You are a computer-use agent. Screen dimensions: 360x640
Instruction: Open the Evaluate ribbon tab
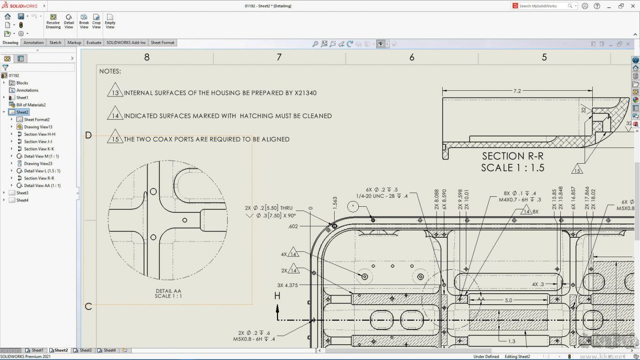94,43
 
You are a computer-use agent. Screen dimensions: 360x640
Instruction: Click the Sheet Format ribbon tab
163,43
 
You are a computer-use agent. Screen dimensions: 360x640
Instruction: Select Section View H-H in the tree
39,134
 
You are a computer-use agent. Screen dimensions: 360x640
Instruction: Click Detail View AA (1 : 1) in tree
42,186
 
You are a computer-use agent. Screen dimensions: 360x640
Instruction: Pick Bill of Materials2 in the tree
30,105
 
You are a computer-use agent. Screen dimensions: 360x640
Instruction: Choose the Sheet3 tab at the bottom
85,350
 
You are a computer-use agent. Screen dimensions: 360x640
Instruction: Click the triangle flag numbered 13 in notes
115,91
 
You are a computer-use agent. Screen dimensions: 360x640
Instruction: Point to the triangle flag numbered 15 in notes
115,138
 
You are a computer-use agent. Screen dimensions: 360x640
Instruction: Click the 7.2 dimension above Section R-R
517,91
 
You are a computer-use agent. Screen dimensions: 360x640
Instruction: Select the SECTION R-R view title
513,156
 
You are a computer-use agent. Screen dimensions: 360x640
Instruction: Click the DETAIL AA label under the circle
168,291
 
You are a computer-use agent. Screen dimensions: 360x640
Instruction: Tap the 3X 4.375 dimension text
287,285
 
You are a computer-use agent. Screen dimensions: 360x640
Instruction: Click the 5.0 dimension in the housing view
508,300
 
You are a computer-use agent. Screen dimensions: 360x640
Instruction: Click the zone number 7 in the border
279,57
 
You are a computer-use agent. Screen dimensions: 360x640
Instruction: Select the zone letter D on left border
88,135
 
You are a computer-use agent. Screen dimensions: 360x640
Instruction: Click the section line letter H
278,297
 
